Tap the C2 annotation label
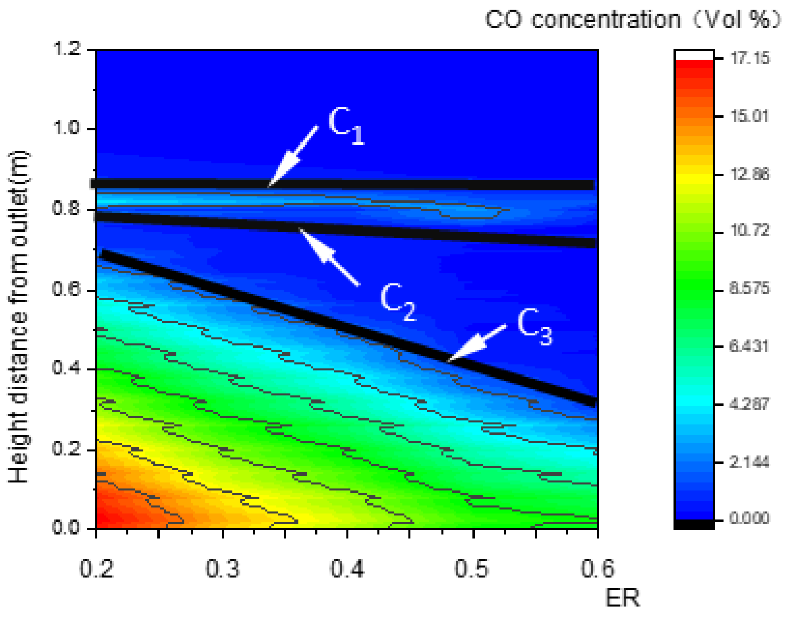pos(397,301)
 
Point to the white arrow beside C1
pos(293,156)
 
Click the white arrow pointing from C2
pos(329,257)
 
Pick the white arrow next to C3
pos(477,342)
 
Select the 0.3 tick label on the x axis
pos(222,569)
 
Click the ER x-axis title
pos(622,598)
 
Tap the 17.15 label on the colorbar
pos(750,58)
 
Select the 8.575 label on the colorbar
pos(749,288)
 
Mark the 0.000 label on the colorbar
pos(749,517)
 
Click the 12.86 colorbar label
pos(749,174)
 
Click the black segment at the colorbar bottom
pos(694,524)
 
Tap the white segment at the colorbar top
pos(694,55)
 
